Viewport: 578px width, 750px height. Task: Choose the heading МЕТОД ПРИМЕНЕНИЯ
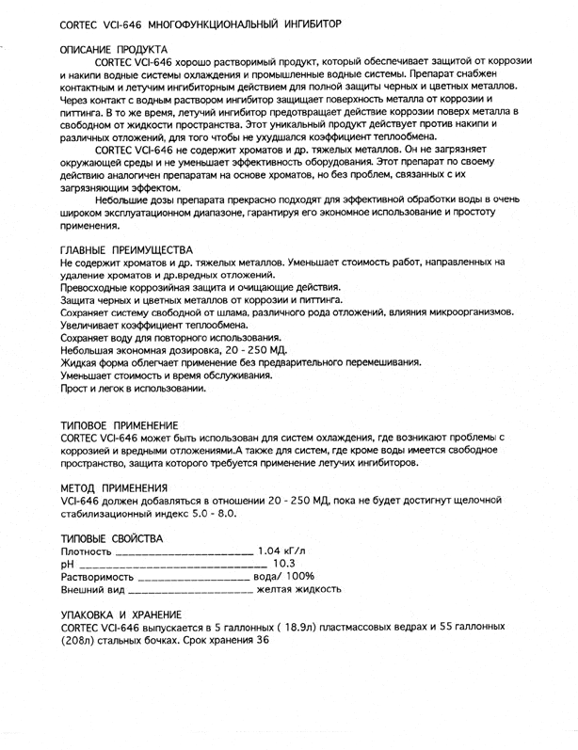pos(113,487)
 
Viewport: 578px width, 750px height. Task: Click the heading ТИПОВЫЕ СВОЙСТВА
pos(112,537)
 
